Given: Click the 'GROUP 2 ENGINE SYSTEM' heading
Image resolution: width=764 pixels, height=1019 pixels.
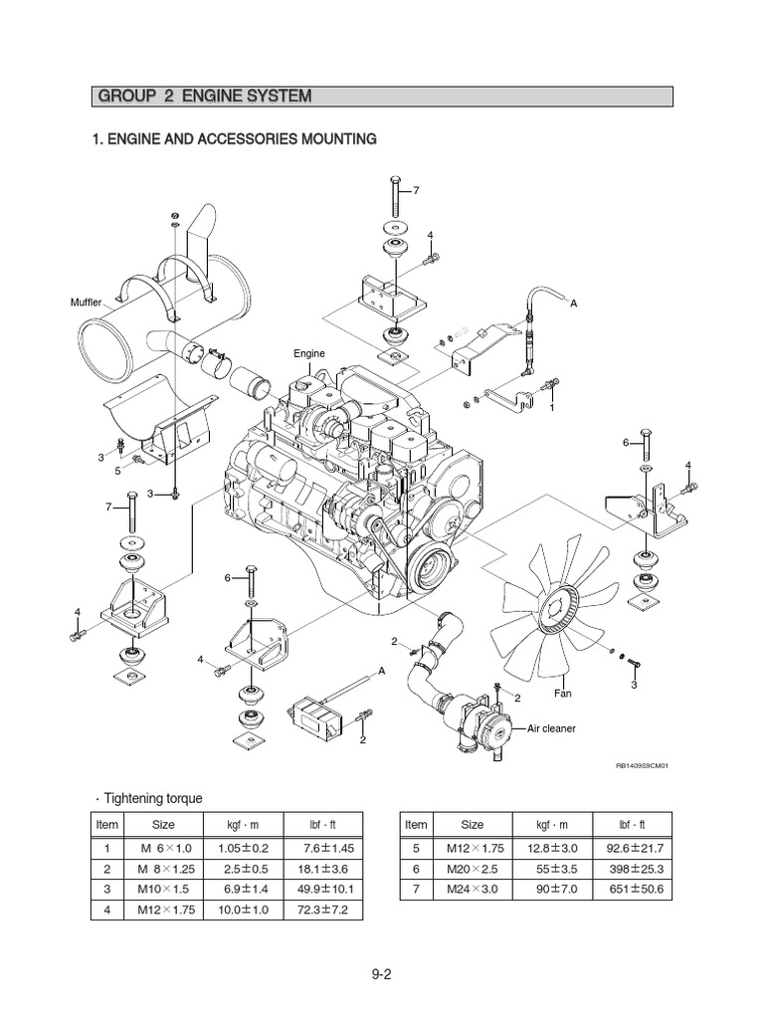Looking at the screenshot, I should pos(204,97).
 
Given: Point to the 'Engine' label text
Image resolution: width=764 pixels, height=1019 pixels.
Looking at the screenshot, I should pos(308,353).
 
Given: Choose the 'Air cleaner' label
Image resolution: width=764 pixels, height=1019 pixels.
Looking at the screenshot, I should pos(549,728).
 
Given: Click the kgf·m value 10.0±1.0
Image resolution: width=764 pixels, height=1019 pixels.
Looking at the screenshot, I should pos(244,910).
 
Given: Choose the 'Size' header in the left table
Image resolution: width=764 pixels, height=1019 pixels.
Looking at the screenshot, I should pos(163,825).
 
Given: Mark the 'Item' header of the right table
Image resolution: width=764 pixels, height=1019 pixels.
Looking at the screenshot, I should pos(416,825).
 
